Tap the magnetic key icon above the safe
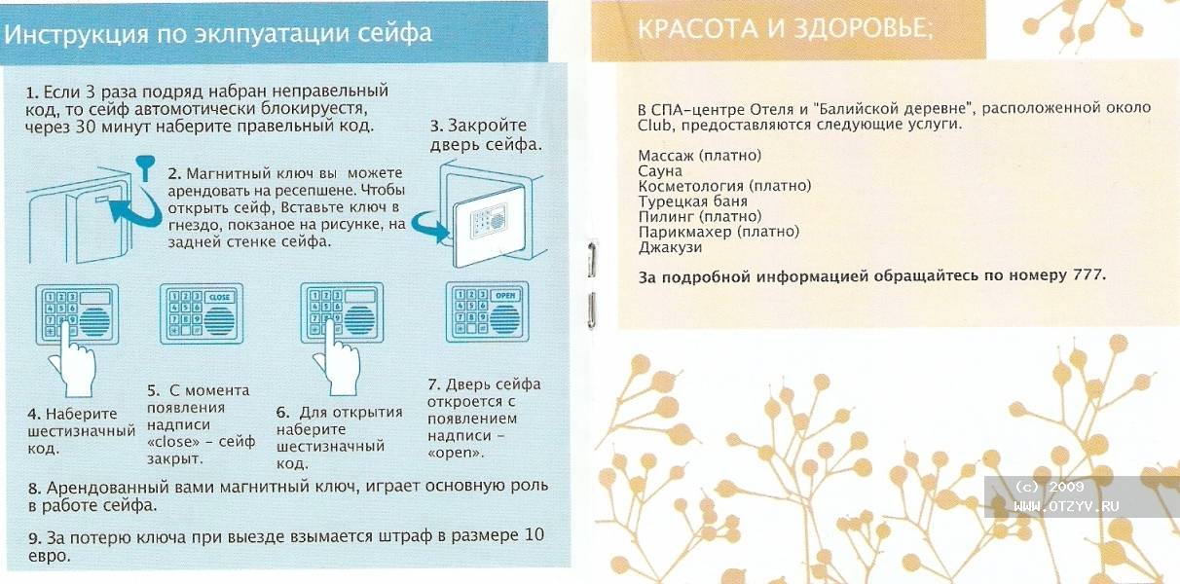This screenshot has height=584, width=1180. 145,168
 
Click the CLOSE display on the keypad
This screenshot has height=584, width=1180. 219,298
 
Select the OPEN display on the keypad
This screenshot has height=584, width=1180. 505,296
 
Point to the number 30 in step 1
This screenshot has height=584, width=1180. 86,127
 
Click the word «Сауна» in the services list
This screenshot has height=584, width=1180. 660,170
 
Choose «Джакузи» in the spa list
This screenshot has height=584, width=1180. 670,247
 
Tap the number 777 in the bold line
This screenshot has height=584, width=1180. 1087,274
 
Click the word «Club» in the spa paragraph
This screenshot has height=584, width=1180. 653,126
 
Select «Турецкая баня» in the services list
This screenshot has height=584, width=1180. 693,201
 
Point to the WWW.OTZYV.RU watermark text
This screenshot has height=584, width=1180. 1066,506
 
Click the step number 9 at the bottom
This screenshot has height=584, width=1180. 34,538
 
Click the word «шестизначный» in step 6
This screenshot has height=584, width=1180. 330,447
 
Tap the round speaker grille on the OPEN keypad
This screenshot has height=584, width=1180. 504,318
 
